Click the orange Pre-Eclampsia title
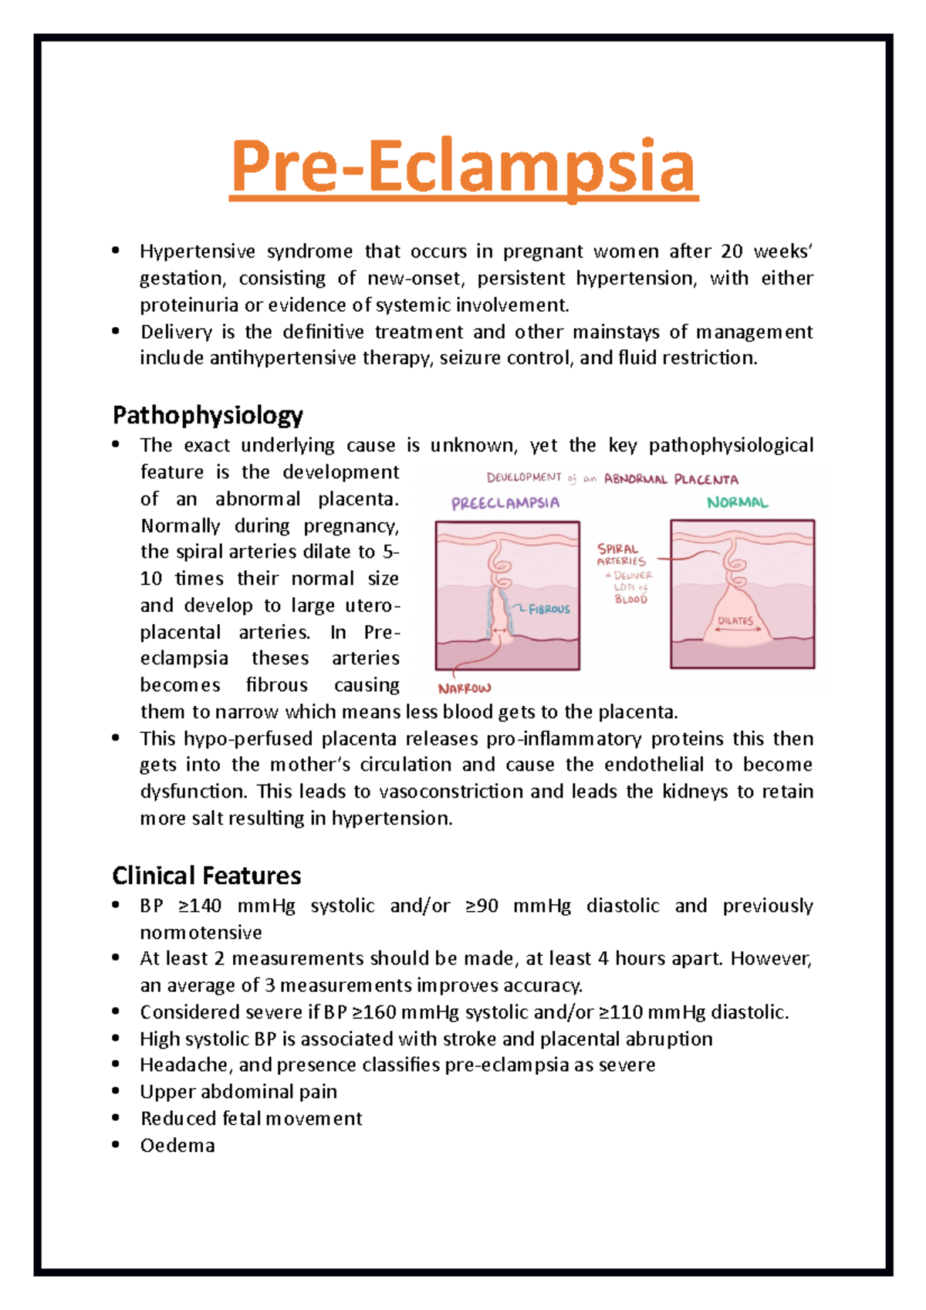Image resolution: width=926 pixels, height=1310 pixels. pos(463,168)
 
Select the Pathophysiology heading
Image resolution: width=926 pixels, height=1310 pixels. pos(208,416)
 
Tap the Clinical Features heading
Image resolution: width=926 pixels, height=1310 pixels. pos(206,876)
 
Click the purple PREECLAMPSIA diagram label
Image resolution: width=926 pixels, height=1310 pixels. pos(505,504)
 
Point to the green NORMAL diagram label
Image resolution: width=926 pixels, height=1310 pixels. pos(738,503)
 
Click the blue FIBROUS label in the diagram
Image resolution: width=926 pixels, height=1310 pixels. pos(549,609)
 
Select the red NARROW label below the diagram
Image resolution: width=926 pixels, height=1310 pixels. pos(465,688)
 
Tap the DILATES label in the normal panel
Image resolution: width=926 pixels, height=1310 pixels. pos(735,621)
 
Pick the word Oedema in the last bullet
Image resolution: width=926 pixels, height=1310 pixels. pos(177,1146)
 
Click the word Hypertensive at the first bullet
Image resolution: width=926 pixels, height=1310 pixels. pos(198,252)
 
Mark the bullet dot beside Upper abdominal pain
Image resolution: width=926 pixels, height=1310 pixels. pos(116,1092)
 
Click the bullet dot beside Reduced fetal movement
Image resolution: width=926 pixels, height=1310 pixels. pos(116,1119)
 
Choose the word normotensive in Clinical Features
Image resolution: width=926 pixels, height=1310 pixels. pos(201,933)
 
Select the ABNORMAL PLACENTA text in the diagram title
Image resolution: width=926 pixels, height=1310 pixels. pos(671,479)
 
